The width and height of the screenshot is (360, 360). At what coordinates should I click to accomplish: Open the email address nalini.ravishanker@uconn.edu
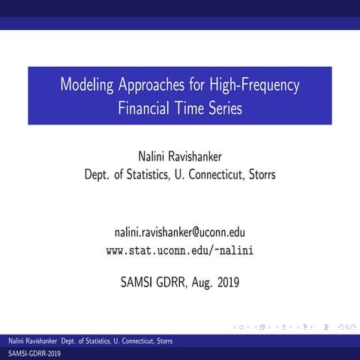click(x=180, y=232)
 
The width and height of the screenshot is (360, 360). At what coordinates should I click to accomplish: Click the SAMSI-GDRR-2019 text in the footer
click(x=34, y=352)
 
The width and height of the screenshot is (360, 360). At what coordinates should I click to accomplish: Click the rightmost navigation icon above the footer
click(x=349, y=327)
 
